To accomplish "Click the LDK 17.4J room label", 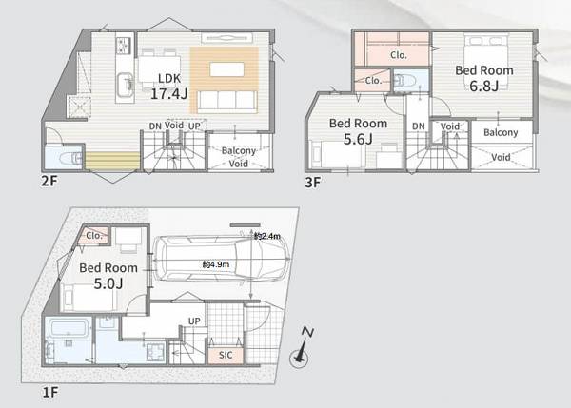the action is click(x=169, y=87).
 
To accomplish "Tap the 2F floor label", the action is click(x=49, y=181).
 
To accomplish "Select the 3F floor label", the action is click(x=313, y=182).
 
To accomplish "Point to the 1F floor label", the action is click(x=50, y=393).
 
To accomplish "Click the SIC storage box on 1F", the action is click(x=226, y=356).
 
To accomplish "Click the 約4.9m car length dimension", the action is click(x=216, y=264).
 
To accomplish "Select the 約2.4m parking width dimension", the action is click(x=267, y=236).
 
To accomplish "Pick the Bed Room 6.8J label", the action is click(x=484, y=78).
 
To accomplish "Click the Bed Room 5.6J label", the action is click(x=358, y=131).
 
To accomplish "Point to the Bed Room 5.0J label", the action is click(x=108, y=276).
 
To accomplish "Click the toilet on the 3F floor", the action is click(x=402, y=81).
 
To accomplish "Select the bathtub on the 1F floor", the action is click(x=69, y=327).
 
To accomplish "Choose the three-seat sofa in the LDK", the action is click(x=227, y=101).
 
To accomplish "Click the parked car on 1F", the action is click(x=222, y=259).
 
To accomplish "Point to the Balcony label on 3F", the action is click(x=501, y=132).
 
